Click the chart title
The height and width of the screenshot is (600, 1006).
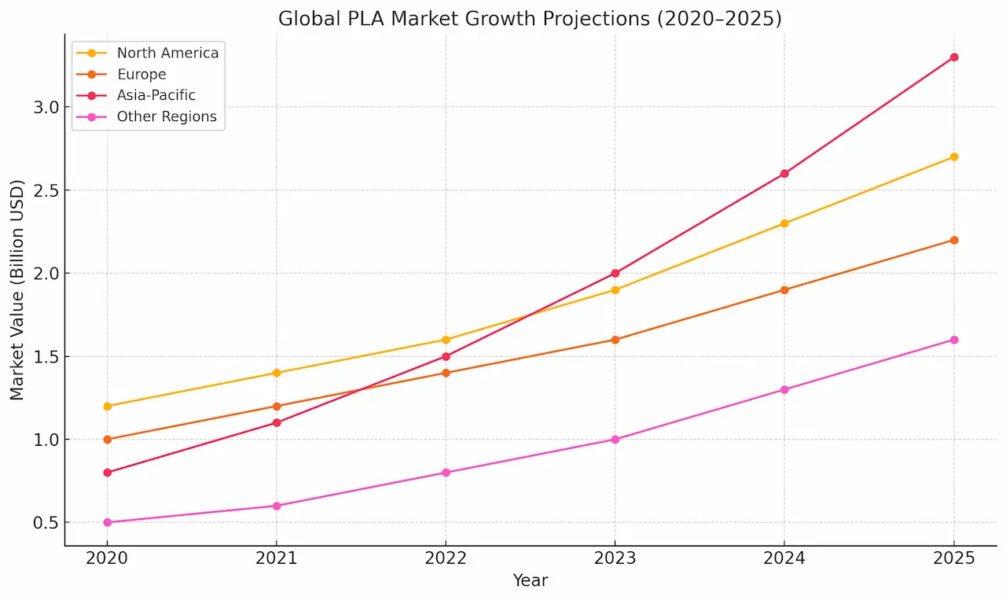[530, 19]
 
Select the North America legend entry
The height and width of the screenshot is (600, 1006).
[167, 53]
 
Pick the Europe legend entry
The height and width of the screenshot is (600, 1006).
[141, 75]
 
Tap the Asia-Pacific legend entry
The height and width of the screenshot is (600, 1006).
[156, 96]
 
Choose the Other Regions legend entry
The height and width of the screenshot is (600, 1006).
[166, 117]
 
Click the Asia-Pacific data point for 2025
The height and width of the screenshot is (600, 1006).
[954, 57]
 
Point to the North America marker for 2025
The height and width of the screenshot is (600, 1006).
[954, 157]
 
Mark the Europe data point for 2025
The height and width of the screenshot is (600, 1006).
[954, 240]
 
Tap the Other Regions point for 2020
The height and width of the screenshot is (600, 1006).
[107, 522]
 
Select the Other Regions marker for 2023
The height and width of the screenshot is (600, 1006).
[615, 440]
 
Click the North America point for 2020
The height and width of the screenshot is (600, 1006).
[107, 407]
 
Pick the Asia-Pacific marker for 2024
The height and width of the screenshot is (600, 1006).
[784, 174]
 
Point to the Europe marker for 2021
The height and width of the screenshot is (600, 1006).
[277, 407]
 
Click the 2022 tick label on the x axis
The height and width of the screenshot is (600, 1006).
[446, 559]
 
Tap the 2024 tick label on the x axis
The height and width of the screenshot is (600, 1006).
[784, 559]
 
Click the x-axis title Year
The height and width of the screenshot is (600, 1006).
[531, 581]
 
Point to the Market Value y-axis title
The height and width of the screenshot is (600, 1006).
[17, 290]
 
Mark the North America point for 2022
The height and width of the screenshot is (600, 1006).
[446, 340]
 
